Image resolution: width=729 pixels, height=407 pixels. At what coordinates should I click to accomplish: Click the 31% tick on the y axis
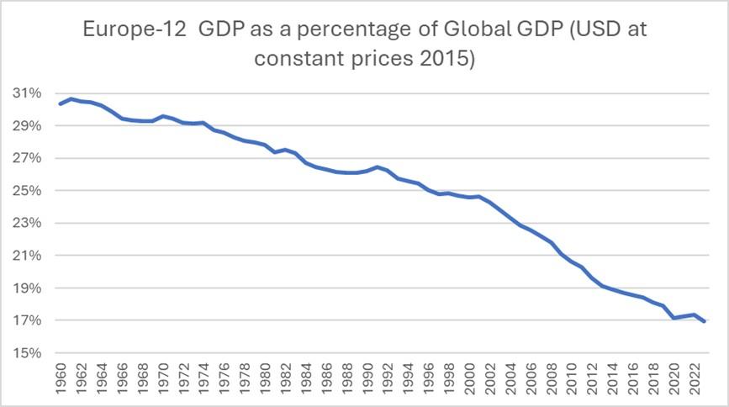(29, 93)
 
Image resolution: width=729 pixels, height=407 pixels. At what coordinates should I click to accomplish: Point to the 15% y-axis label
(29, 353)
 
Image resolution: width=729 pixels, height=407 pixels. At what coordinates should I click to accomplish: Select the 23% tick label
(29, 224)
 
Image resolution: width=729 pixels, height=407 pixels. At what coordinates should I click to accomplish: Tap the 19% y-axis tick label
(29, 288)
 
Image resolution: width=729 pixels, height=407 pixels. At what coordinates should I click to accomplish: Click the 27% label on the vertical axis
(29, 158)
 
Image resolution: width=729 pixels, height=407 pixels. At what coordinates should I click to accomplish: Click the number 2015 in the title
(447, 61)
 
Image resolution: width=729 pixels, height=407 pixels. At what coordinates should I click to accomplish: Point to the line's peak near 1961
(71, 98)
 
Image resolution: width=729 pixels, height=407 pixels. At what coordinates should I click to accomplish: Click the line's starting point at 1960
(61, 103)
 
